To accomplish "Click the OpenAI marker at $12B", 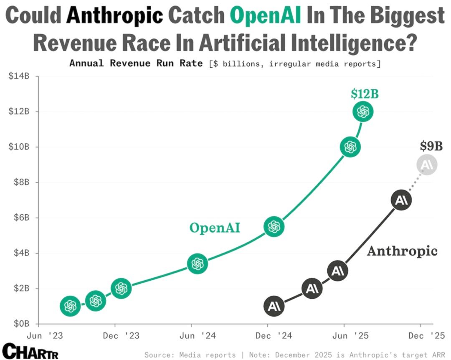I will coord(362,112).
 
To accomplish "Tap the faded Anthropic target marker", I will coord(427,165).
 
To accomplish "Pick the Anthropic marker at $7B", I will coord(401,200).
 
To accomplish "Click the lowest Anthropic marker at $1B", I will coord(274,307).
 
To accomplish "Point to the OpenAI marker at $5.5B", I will coord(274,226).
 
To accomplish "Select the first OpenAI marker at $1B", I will coord(70,306).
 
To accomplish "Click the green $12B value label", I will coord(364,94).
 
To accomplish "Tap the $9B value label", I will coord(431,146).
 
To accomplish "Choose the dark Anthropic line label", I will coord(402,251).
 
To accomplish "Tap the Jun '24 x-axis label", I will coord(191,335).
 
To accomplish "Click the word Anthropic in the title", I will coord(115,16).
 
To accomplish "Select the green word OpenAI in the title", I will coord(265,16).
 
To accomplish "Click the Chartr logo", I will coord(30,351).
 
